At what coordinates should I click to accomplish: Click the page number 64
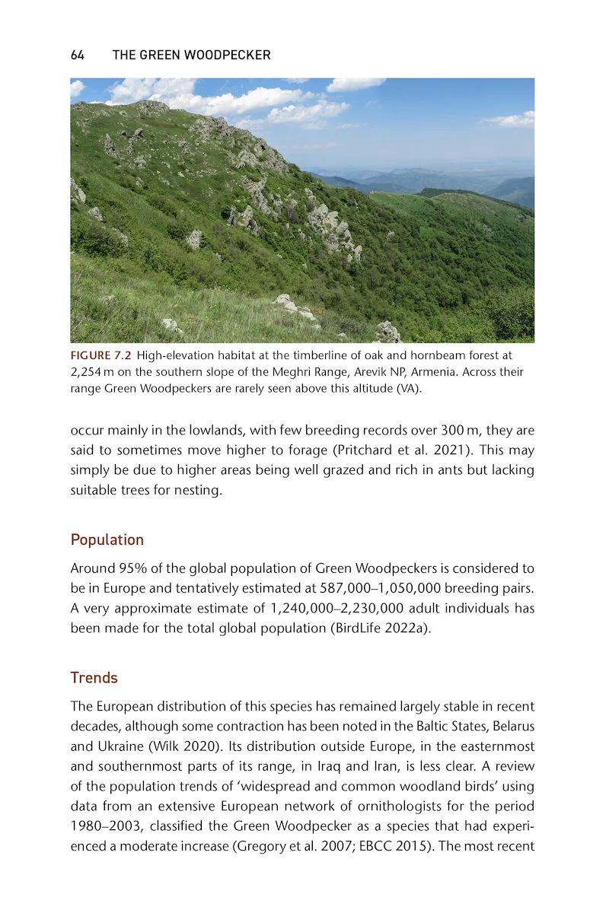[x=77, y=56]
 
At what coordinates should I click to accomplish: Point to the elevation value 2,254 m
[x=95, y=372]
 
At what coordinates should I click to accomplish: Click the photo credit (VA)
[x=410, y=388]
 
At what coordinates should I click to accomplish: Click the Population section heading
[x=107, y=539]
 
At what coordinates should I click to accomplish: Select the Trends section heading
[x=94, y=677]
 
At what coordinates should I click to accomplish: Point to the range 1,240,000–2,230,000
[x=333, y=608]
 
